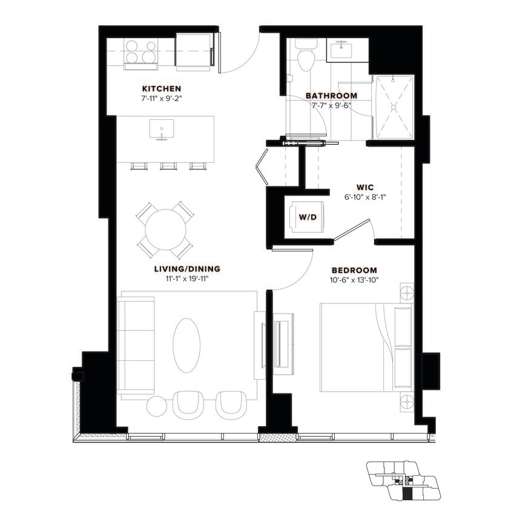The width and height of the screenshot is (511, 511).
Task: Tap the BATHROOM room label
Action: [x=331, y=96]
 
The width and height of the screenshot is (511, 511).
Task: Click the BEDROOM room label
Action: [x=354, y=270]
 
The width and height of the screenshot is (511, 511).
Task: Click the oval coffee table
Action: [x=186, y=341]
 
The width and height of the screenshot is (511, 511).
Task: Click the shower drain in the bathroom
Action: [x=395, y=106]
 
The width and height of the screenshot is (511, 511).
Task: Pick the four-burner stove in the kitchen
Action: [x=140, y=51]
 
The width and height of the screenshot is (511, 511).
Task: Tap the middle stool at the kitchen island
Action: [x=168, y=165]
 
